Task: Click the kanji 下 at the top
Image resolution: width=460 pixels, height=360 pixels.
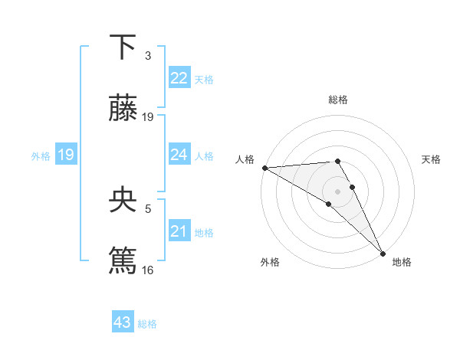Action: click(x=123, y=47)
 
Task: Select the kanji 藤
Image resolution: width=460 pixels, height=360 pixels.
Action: click(x=123, y=109)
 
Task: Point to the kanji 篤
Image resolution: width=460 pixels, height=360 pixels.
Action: click(x=123, y=260)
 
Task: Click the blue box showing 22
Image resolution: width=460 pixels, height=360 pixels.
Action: click(x=179, y=78)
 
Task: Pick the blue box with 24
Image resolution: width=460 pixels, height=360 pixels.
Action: click(x=179, y=155)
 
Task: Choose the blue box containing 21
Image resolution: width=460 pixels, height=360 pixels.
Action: click(x=179, y=231)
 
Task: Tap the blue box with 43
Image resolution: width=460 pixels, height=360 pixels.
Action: click(x=123, y=322)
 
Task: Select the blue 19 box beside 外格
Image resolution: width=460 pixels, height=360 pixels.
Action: click(x=66, y=155)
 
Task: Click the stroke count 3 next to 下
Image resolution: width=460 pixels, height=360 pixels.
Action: click(x=148, y=56)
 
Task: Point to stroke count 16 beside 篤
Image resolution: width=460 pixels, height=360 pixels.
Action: click(x=148, y=270)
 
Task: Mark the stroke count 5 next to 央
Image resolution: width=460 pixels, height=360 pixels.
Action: click(x=148, y=208)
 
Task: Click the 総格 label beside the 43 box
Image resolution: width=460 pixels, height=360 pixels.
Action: click(x=148, y=324)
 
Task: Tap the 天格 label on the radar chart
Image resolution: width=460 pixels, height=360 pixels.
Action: click(x=432, y=159)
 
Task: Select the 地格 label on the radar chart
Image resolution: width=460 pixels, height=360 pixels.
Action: click(x=402, y=262)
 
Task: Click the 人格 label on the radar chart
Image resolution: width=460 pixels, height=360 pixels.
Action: click(x=245, y=159)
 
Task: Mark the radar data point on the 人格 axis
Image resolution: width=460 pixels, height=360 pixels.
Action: click(x=264, y=168)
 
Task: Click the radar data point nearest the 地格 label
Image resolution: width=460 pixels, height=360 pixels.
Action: click(x=383, y=253)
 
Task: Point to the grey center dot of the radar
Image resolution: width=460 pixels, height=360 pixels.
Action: click(x=337, y=191)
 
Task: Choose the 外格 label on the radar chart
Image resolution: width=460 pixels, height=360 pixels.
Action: click(x=270, y=262)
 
